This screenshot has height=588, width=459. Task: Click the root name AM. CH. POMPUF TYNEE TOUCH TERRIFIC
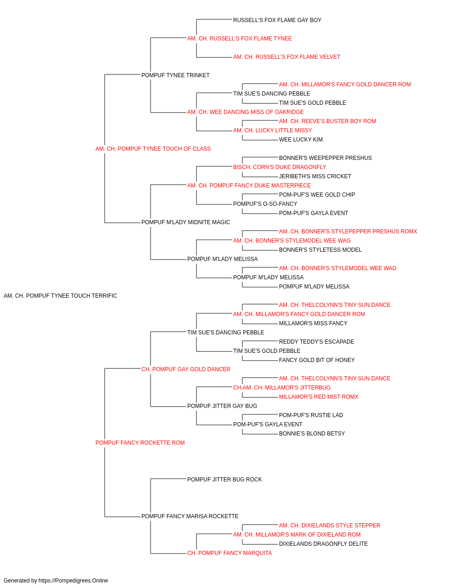60,296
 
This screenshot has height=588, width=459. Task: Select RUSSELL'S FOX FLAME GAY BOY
277,20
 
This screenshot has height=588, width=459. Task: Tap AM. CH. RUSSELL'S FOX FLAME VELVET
286,57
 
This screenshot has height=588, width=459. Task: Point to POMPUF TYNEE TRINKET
175,75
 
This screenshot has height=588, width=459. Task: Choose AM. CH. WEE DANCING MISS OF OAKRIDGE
246,112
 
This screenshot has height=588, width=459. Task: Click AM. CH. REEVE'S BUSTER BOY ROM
327,121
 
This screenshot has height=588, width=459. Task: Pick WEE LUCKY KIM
301,140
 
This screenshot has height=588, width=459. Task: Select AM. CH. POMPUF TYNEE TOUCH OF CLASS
153,149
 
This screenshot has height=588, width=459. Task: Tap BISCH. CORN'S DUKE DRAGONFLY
280,167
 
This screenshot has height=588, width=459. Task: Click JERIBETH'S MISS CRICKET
315,176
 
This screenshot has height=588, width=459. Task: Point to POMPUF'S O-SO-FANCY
265,204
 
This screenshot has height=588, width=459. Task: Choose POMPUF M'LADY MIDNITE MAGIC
186,222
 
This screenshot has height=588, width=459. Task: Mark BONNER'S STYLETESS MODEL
320,250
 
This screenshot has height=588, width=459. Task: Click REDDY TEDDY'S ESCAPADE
317,342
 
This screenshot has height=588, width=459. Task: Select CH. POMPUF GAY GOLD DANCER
186,369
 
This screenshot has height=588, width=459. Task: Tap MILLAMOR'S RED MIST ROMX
319,397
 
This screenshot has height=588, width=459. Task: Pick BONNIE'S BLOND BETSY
312,434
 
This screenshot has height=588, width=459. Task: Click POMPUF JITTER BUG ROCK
224,480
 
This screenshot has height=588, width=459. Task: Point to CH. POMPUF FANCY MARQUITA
229,553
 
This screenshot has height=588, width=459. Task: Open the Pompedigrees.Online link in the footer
73,581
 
